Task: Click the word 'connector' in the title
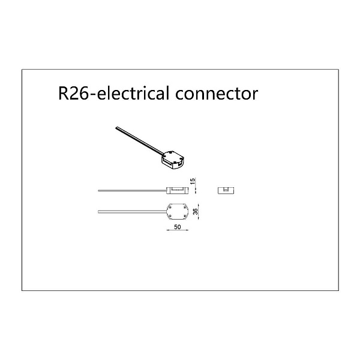pos(217,94)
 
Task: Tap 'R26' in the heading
pos(73,93)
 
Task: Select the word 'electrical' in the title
pos(133,92)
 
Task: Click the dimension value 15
pos(193,181)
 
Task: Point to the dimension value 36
pos(196,211)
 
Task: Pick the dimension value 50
pos(178,227)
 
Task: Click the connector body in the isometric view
pos(173,160)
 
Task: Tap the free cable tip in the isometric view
pos(116,127)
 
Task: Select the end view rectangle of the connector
pos(226,191)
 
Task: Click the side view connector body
pos(178,191)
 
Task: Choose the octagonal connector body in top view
pos(178,211)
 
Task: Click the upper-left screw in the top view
pos(170,207)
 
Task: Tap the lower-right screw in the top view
pos(185,216)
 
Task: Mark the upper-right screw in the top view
pos(185,207)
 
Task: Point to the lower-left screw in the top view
pos(170,216)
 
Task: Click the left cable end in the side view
pos(98,191)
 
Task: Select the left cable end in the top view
pos(98,212)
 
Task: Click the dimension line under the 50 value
pos(178,230)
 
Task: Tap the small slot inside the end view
pos(226,190)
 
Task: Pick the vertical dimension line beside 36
pos(199,211)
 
